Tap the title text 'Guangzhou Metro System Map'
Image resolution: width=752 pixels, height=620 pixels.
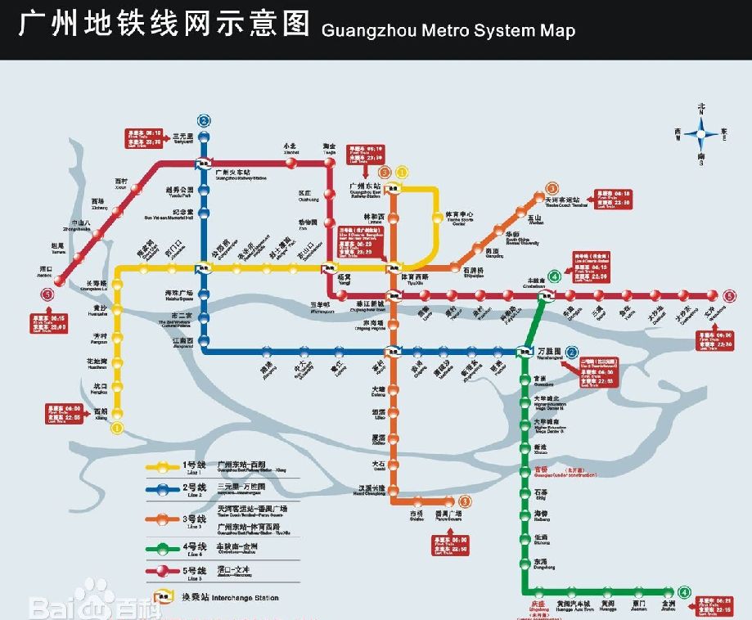coord(448,31)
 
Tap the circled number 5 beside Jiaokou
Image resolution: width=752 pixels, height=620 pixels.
coord(48,295)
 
